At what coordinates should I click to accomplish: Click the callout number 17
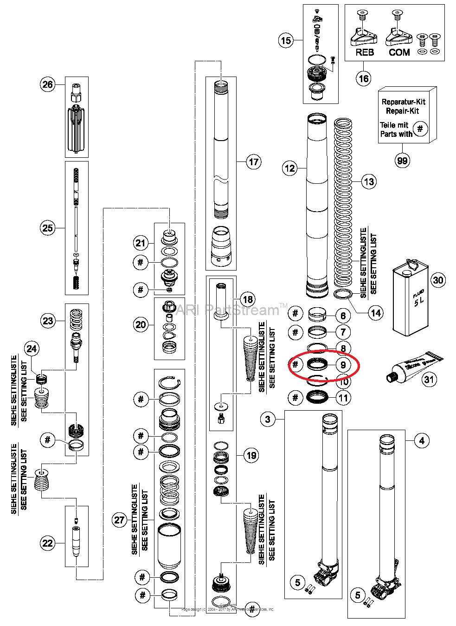coord(253,162)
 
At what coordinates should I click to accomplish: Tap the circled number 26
coord(48,84)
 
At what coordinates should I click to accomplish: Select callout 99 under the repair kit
coord(402,161)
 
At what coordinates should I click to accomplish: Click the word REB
coord(365,52)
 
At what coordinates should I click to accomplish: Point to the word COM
coord(399,52)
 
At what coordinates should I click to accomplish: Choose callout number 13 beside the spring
coord(369,181)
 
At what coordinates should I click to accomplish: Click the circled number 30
coord(438,280)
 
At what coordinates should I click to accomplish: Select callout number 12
coord(290,168)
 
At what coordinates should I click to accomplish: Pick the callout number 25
coord(48,228)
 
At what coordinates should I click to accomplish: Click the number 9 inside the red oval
coord(343,365)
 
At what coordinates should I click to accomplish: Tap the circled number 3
coord(268,419)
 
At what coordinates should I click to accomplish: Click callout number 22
coord(48,543)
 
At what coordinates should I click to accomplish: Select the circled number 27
coord(119,520)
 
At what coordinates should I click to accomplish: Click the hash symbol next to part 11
coord(295,397)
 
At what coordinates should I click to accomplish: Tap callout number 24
coord(32,348)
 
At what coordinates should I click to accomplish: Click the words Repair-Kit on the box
coord(402,111)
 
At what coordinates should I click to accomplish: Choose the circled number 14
coord(375,313)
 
